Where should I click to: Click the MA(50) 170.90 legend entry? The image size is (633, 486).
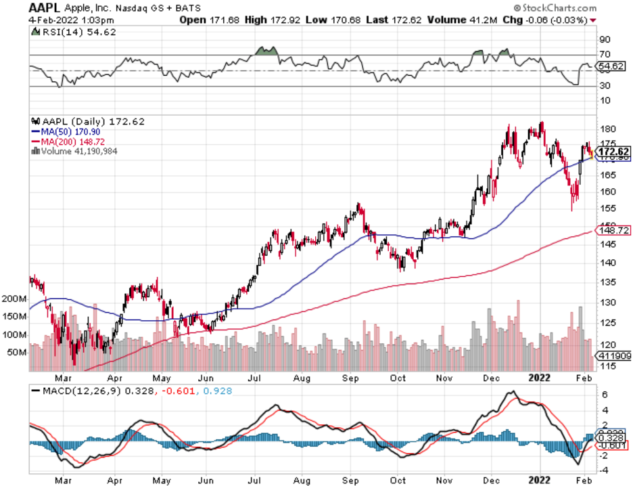point(65,131)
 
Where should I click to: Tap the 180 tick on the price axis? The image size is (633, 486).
point(607,129)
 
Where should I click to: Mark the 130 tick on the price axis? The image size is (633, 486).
point(607,302)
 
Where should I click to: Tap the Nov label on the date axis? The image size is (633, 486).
point(444,378)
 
